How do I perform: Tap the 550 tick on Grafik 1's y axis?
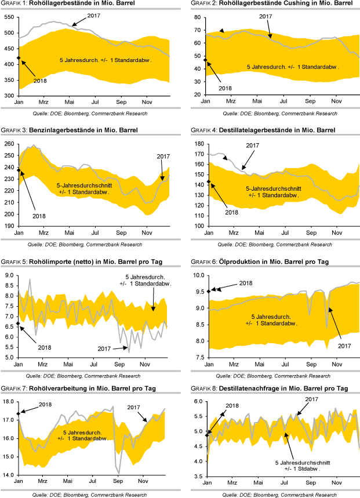click(x=9, y=17)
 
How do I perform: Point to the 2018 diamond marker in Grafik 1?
click(x=19, y=58)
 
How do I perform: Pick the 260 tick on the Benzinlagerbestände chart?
click(x=9, y=144)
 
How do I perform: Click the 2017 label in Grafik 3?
click(x=164, y=157)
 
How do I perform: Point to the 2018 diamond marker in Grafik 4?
click(x=206, y=182)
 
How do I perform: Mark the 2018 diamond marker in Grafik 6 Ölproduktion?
click(x=206, y=290)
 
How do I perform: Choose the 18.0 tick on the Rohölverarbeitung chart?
click(x=9, y=402)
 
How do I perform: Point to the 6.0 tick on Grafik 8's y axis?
click(x=197, y=402)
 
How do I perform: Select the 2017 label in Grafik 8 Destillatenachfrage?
click(x=312, y=400)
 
